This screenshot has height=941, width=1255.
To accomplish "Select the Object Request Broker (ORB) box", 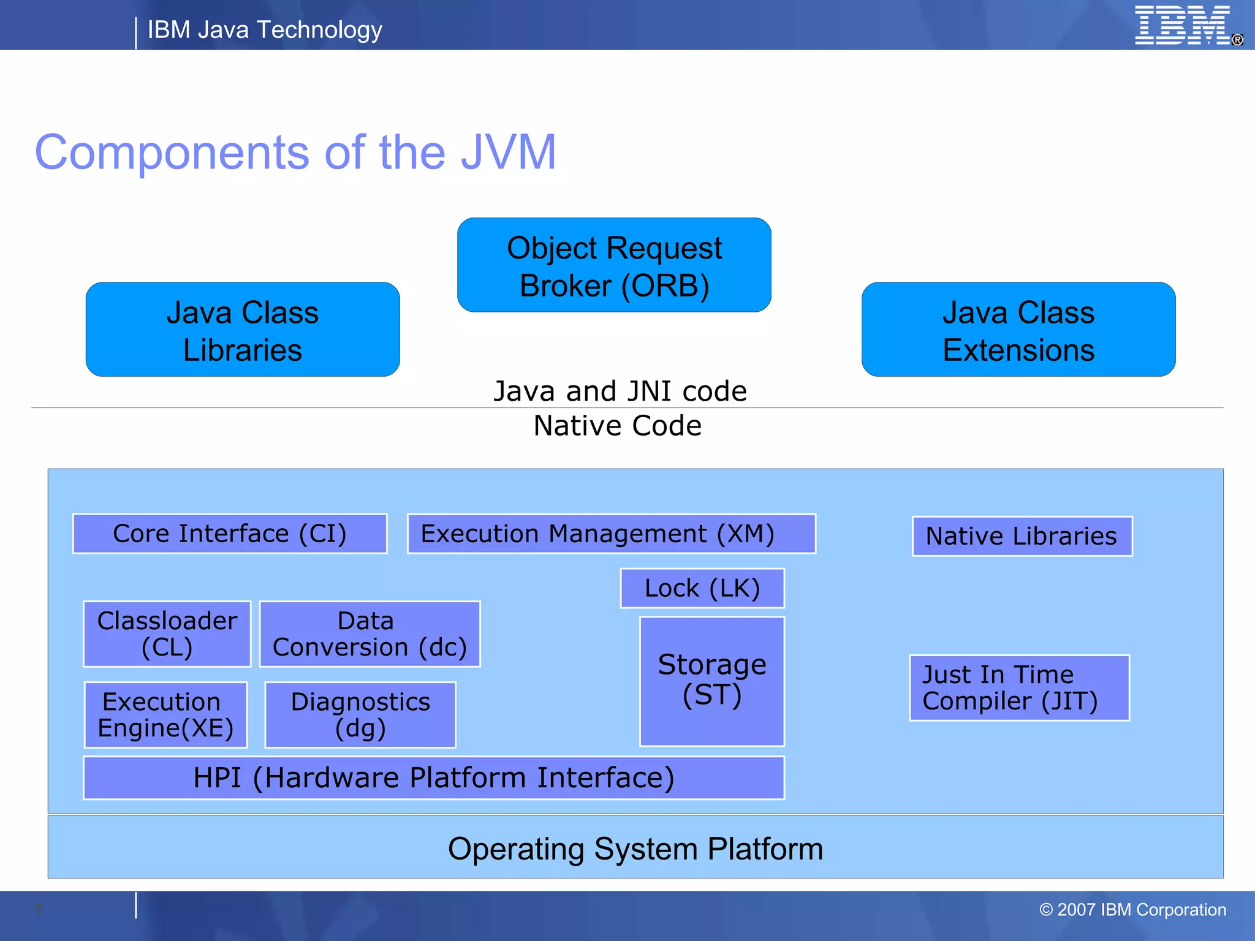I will click(x=614, y=265).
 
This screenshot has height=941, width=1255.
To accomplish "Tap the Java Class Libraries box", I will click(x=243, y=330).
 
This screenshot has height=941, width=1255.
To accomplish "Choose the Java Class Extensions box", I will click(x=1018, y=330).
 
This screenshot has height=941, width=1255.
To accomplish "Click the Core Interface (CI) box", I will click(x=230, y=534).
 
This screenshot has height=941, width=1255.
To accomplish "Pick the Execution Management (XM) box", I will click(x=611, y=534).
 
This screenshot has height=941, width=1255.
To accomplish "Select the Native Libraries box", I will click(x=1022, y=536).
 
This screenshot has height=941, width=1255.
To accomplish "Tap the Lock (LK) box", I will click(x=702, y=588).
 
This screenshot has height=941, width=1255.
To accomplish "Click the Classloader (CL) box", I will click(x=167, y=634).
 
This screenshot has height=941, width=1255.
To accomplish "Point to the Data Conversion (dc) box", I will click(x=370, y=634).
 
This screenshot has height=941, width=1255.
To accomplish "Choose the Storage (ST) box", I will click(x=711, y=681).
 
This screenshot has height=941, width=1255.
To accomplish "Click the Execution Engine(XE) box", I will click(x=165, y=715).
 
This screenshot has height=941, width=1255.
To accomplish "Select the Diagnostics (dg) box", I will click(x=360, y=715).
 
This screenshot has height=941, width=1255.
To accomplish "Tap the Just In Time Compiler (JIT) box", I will click(x=1019, y=688).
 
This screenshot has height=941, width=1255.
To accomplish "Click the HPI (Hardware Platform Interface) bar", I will click(x=433, y=778).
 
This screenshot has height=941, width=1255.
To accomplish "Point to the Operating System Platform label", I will click(x=635, y=849).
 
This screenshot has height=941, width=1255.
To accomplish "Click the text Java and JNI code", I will click(x=620, y=391).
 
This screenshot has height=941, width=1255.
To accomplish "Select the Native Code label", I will click(x=617, y=426).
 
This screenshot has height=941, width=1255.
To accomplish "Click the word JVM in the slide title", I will click(x=508, y=153).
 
